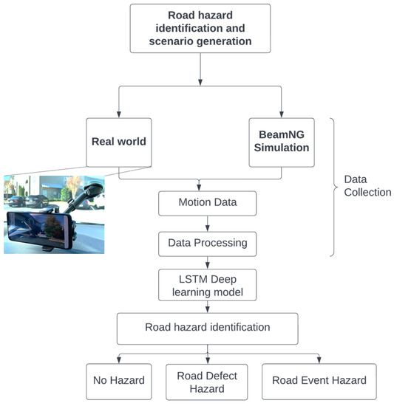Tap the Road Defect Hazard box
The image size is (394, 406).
[202, 381]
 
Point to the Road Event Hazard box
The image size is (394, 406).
[318, 381]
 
